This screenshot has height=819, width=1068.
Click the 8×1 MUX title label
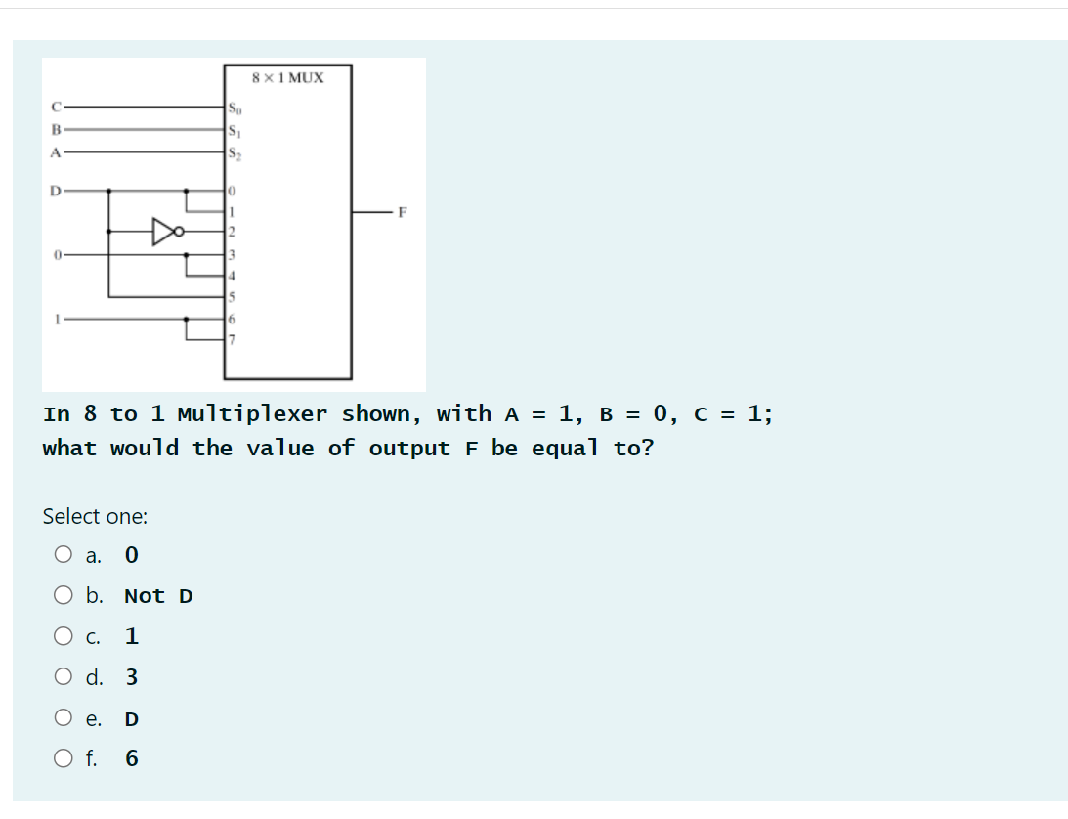(288, 76)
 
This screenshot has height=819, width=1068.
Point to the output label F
(402, 211)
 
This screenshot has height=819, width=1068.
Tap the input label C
(57, 107)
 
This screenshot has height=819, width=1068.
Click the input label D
(57, 190)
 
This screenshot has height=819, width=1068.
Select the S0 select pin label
(234, 107)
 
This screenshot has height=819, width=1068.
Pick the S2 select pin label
(234, 151)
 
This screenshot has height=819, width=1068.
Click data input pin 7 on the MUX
(232, 339)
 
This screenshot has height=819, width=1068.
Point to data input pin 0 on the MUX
(232, 190)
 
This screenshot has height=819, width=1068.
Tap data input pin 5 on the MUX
(232, 296)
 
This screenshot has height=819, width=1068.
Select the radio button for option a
(64, 555)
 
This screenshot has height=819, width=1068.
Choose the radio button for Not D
(64, 596)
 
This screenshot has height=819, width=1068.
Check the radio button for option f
(64, 758)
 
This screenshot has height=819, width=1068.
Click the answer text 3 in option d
(131, 677)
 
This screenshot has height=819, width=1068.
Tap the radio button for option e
(64, 718)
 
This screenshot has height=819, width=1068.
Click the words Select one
(95, 516)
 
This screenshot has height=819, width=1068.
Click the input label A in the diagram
(57, 151)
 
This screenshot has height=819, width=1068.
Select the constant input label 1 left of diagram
(58, 318)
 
